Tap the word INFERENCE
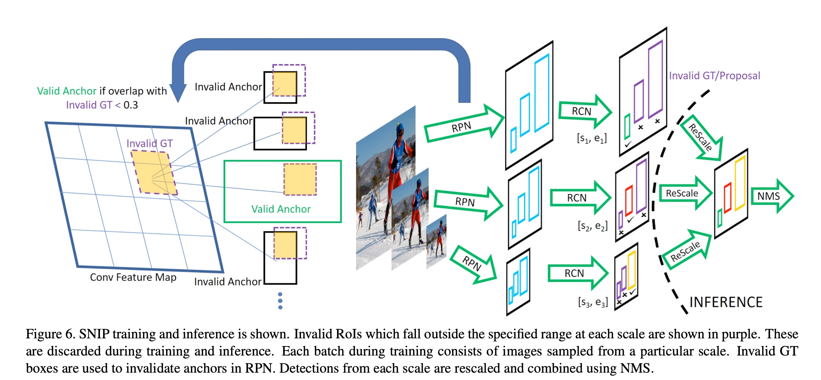tap(726, 302)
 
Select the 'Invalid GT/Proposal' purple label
tap(714, 76)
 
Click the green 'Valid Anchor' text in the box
tap(281, 209)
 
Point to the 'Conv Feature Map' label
tap(133, 277)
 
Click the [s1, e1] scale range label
tap(592, 138)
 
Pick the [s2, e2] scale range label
tap(593, 226)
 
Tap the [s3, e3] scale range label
tap(593, 302)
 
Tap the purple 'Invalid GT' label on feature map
tap(149, 143)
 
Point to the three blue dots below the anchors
tap(280, 301)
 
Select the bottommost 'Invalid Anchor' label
tap(228, 282)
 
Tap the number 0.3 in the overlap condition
tap(131, 105)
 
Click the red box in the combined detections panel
tap(728, 198)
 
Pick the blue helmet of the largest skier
tap(401, 127)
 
